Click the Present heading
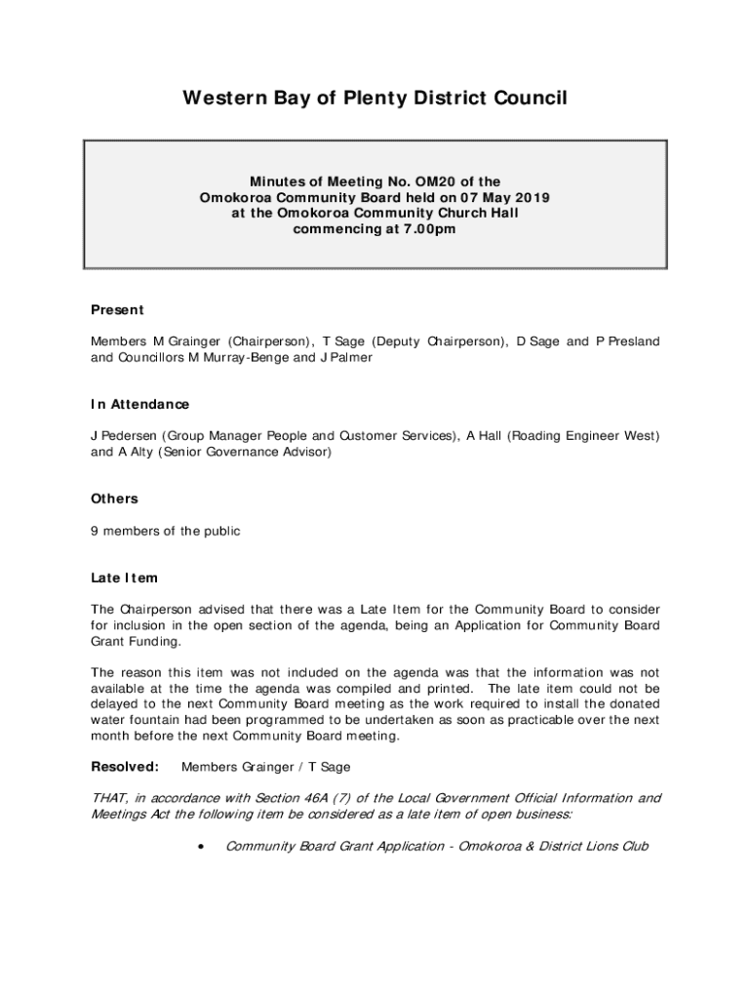(x=117, y=310)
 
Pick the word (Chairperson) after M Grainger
(x=270, y=341)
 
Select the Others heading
(x=115, y=499)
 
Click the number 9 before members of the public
(x=95, y=531)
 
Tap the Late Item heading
(x=124, y=578)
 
